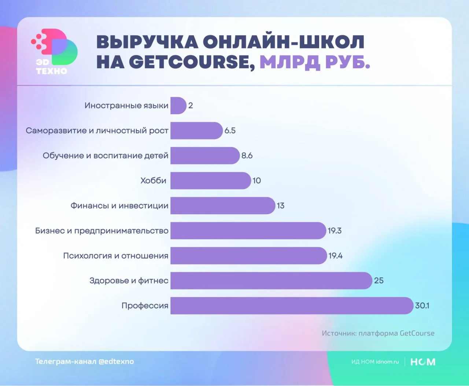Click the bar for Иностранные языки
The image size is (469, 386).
tap(178, 106)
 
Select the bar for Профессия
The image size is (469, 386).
tap(292, 306)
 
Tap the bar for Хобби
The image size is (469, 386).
tap(210, 181)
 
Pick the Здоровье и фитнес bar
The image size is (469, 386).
tap(271, 281)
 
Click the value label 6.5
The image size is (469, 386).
tap(230, 131)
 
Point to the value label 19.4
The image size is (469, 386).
tap(335, 256)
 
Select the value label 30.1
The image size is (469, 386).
tap(422, 306)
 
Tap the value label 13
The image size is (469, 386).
tap(281, 206)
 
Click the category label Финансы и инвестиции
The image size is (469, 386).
tap(119, 206)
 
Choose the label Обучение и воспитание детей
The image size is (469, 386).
tap(106, 156)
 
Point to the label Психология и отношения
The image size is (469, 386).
tap(116, 256)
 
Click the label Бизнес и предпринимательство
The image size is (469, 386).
tap(102, 231)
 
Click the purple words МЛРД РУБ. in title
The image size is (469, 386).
tap(315, 62)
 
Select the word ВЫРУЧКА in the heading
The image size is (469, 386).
tap(147, 42)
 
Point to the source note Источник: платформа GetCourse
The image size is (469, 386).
tap(378, 334)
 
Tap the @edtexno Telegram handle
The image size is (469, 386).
tap(117, 361)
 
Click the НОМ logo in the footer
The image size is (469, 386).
tap(423, 362)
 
